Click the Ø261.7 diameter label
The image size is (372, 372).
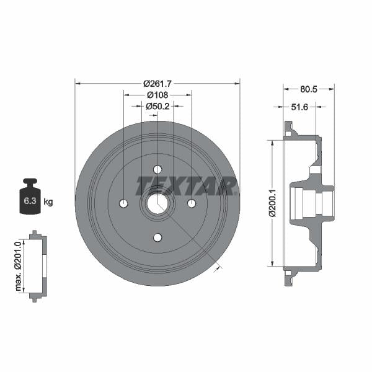point(157,84)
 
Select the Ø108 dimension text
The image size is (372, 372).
point(157,95)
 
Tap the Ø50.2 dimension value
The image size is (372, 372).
point(157,107)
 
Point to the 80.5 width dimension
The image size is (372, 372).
point(308,89)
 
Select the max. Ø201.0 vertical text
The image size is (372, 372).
point(19,267)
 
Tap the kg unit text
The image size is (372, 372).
point(48,201)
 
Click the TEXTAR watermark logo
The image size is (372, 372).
point(186,185)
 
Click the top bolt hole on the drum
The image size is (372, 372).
point(157,170)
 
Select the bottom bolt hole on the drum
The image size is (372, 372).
point(157,237)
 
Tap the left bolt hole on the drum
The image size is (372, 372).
point(123,204)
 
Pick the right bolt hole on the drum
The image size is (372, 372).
point(192,204)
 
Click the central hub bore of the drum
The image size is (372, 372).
point(157,204)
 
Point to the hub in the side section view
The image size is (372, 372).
point(313,203)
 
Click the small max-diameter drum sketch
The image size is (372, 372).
point(37,267)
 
